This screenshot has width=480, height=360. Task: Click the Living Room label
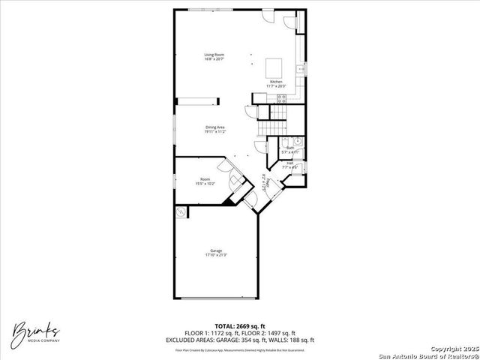[x=214, y=54]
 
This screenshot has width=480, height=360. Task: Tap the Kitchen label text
[x=276, y=81]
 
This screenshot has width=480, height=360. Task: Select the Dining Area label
[x=216, y=127]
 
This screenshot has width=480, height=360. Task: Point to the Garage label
[x=216, y=250]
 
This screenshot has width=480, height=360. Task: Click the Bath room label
[x=289, y=148]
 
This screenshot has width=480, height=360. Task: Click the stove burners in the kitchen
[x=282, y=97]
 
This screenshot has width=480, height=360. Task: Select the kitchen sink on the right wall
[x=300, y=69]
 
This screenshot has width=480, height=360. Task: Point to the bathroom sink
[x=297, y=141]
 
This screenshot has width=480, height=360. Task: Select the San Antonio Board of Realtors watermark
[x=427, y=355]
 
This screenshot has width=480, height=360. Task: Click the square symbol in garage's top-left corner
[x=182, y=212]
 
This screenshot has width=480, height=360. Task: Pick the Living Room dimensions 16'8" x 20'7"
[x=214, y=58]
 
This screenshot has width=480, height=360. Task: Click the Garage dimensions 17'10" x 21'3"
[x=216, y=255]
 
